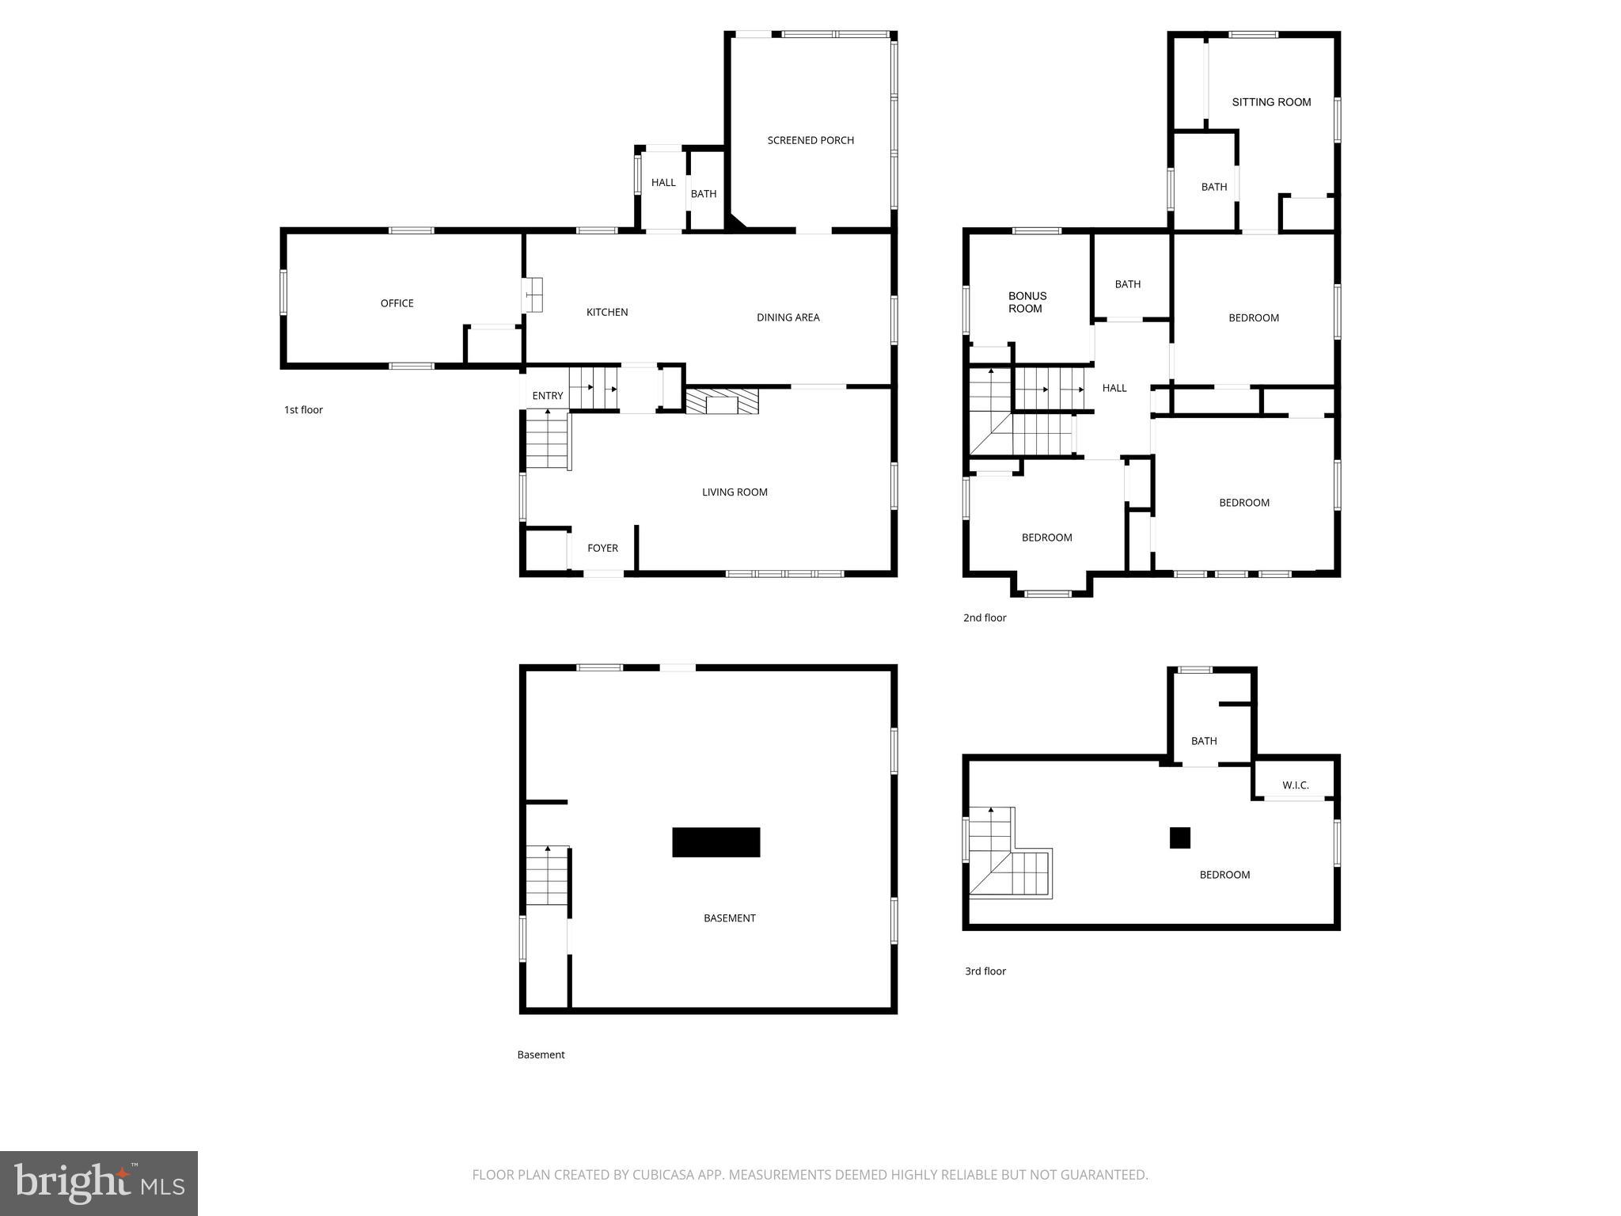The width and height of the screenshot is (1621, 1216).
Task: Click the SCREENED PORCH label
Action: (810, 140)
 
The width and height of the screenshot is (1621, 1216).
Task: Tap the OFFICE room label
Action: (397, 303)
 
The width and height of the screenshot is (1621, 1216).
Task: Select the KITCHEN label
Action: (607, 312)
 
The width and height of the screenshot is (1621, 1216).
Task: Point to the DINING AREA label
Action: (788, 317)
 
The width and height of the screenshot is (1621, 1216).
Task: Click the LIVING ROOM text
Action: (735, 492)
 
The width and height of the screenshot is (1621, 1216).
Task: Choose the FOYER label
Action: (602, 548)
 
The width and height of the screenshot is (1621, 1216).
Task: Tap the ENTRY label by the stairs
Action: (548, 396)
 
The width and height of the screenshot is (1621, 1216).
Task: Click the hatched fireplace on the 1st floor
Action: (722, 401)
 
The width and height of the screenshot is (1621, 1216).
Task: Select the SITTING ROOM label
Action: (1271, 102)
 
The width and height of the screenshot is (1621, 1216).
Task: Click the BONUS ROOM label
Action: (1027, 302)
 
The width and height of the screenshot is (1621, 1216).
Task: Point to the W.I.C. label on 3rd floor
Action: (1296, 785)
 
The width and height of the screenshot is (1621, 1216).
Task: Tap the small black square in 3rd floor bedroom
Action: (1180, 838)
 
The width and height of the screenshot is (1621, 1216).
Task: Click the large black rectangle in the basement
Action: (716, 842)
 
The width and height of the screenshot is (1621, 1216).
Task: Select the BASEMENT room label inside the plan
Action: (729, 918)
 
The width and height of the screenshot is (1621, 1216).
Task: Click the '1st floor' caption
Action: (303, 410)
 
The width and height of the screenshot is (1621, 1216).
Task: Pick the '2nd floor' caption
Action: (985, 617)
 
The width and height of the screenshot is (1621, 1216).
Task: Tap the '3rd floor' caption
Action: (985, 971)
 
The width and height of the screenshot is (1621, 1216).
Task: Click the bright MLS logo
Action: (99, 1184)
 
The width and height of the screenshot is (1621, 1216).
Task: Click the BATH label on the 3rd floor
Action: (1204, 741)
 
